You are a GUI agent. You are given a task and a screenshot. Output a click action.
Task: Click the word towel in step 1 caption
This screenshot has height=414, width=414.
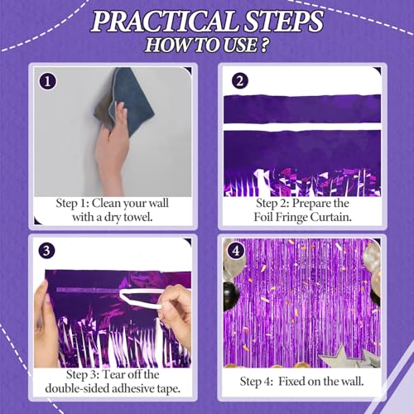click(148, 217)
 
